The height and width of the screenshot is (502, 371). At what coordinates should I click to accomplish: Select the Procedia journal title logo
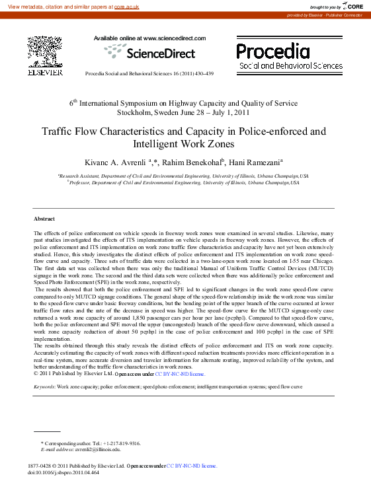coord(273,51)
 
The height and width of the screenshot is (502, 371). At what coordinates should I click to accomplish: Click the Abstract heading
coord(44,218)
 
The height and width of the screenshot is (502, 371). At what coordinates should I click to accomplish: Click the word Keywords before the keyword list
coord(44,386)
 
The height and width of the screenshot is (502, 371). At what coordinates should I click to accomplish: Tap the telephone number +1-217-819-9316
coord(120,443)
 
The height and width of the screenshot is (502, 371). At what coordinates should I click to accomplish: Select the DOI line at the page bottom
coord(63,473)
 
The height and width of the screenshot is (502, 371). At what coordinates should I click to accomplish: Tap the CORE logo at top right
coord(353,6)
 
